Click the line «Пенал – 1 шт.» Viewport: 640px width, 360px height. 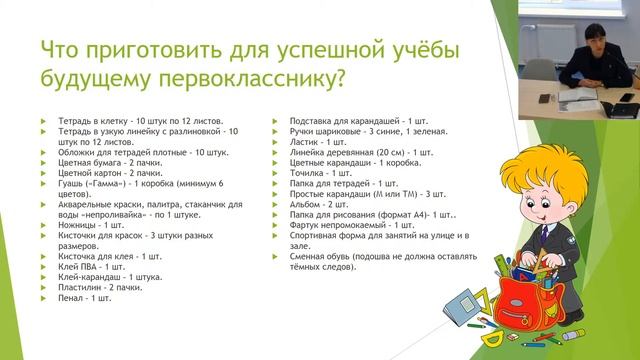coord(86,298)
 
